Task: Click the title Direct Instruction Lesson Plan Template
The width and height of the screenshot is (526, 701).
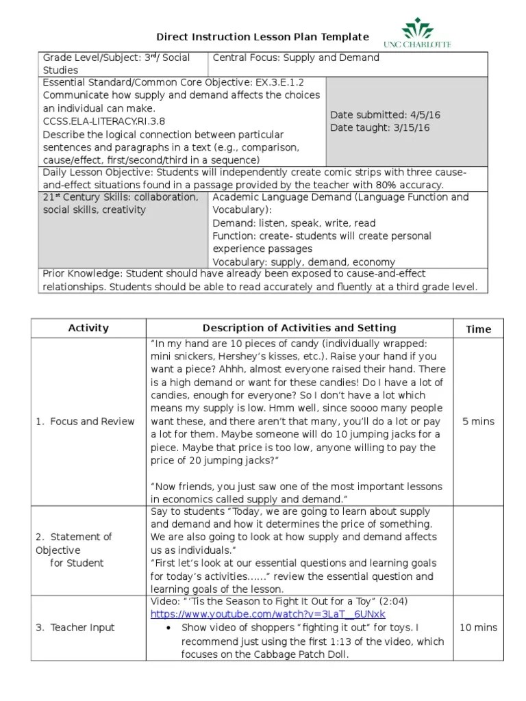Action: coord(263,37)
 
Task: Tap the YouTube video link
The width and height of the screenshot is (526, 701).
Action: coord(268,614)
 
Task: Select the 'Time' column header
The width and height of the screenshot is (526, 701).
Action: coord(478,329)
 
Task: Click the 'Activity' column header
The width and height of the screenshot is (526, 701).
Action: coord(88,328)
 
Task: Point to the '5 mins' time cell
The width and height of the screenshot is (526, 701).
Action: coord(478,421)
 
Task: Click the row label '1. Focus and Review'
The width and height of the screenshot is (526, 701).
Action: coord(85,421)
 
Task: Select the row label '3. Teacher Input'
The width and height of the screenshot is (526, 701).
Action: coord(75,627)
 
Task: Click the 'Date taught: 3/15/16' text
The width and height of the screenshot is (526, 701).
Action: coord(380,128)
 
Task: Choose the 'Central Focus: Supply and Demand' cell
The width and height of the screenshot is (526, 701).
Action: coord(296,58)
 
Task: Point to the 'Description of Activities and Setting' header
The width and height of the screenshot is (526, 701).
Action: coord(299,328)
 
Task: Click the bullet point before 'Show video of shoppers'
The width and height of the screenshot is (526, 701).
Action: coord(168,628)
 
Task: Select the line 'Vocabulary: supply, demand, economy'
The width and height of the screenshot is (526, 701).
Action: coord(303,262)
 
